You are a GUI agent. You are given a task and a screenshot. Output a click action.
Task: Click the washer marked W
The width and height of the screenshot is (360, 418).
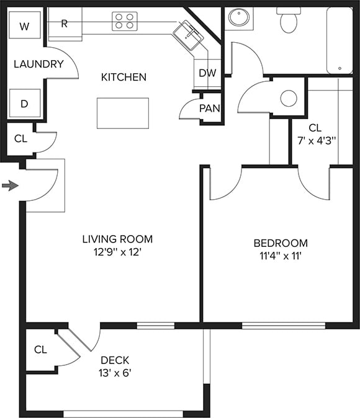pyautogui.click(x=25, y=26)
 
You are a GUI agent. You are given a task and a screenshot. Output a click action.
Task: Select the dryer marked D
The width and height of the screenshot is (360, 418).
pyautogui.click(x=25, y=104)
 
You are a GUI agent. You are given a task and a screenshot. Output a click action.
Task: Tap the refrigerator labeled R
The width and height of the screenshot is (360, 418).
pyautogui.click(x=65, y=24)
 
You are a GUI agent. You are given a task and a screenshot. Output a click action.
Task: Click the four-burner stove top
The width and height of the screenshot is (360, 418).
pyautogui.click(x=125, y=22)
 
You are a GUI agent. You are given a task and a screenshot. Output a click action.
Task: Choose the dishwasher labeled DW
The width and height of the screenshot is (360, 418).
pyautogui.click(x=207, y=73)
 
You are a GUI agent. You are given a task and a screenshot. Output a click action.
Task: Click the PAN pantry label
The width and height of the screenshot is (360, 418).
pyautogui.click(x=209, y=109)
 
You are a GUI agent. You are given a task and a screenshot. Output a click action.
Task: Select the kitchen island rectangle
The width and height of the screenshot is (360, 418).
pyautogui.click(x=123, y=113)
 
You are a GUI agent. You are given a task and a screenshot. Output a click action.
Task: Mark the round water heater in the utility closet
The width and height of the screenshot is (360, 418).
pyautogui.click(x=289, y=98)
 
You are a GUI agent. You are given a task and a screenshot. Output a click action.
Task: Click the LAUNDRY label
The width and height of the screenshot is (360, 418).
pyautogui.click(x=38, y=64)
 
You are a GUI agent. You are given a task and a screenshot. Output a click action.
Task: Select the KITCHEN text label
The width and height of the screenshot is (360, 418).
pyautogui.click(x=124, y=77)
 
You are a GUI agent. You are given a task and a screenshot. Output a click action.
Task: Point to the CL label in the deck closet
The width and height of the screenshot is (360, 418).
pyautogui.click(x=40, y=350)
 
